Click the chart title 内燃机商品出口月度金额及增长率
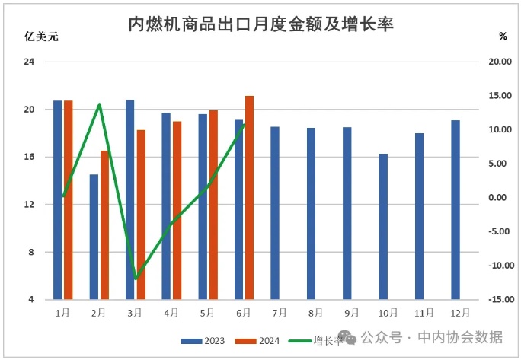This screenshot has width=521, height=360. [x=260, y=24]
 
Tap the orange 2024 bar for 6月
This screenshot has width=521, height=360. [x=249, y=197]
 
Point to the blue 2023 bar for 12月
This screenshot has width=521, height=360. [x=455, y=209]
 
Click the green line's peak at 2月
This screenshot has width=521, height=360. [x=100, y=104]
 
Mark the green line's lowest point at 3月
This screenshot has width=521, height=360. [x=136, y=279]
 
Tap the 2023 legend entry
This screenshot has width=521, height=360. [x=203, y=340]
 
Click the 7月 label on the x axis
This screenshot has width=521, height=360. [x=279, y=312]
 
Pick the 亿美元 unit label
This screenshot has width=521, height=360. [x=42, y=37]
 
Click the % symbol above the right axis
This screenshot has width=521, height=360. [x=503, y=36]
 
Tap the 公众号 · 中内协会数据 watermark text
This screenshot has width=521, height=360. [x=431, y=336]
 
